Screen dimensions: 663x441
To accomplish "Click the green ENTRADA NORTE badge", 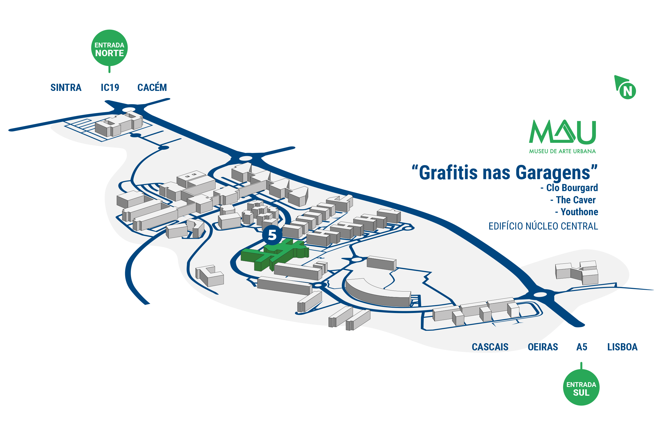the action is coord(109,48).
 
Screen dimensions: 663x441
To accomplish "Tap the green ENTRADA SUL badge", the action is coord(581,387).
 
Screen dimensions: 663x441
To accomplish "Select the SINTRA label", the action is coord(66,88).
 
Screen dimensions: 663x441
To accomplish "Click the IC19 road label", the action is coord(110,88).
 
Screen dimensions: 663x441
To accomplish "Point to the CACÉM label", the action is coord(152,87).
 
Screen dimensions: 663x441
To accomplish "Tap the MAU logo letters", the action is coord(562,132).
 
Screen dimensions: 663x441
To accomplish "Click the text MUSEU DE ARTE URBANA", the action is coord(562,151).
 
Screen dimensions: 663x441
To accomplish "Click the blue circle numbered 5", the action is coord(272,235).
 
